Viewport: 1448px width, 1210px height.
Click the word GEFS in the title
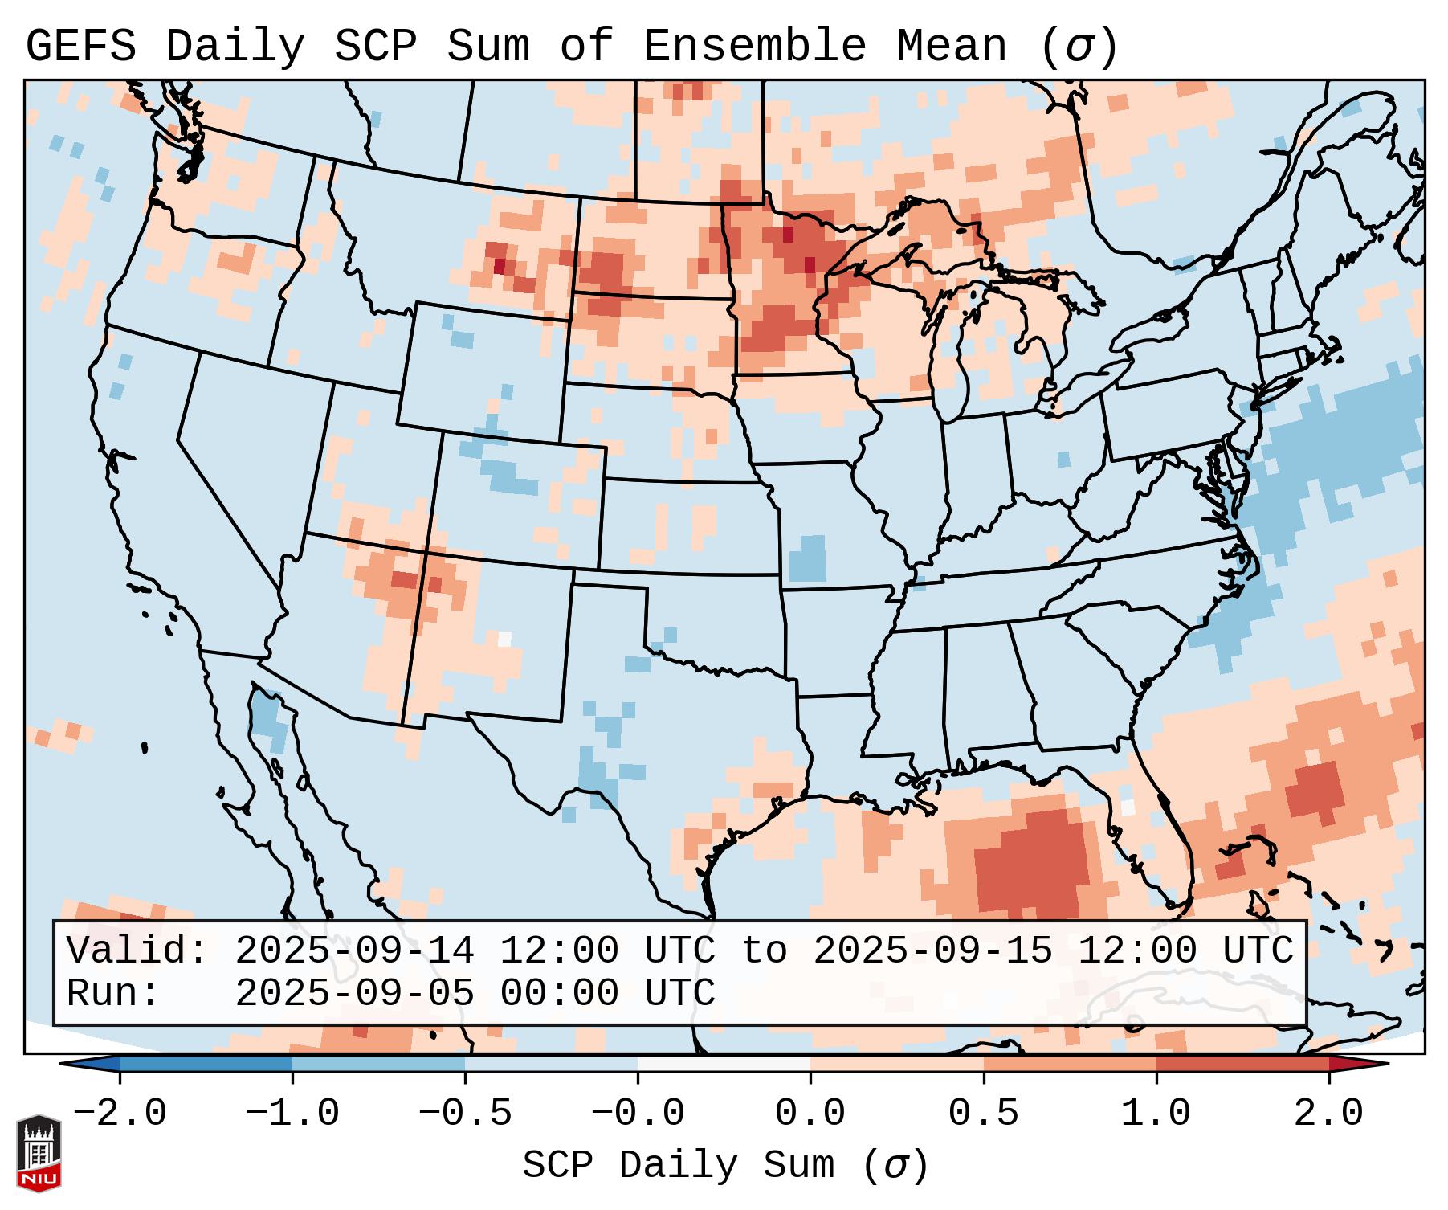click(x=80, y=47)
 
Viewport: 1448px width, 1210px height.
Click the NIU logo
click(x=39, y=1153)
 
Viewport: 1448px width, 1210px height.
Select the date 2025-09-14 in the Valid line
click(x=354, y=951)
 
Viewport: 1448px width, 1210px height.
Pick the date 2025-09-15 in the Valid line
click(x=932, y=951)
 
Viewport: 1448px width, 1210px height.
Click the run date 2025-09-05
click(x=354, y=993)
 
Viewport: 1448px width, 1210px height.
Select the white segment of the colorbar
click(x=724, y=1065)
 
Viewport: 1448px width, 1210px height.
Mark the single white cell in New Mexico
click(x=504, y=639)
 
